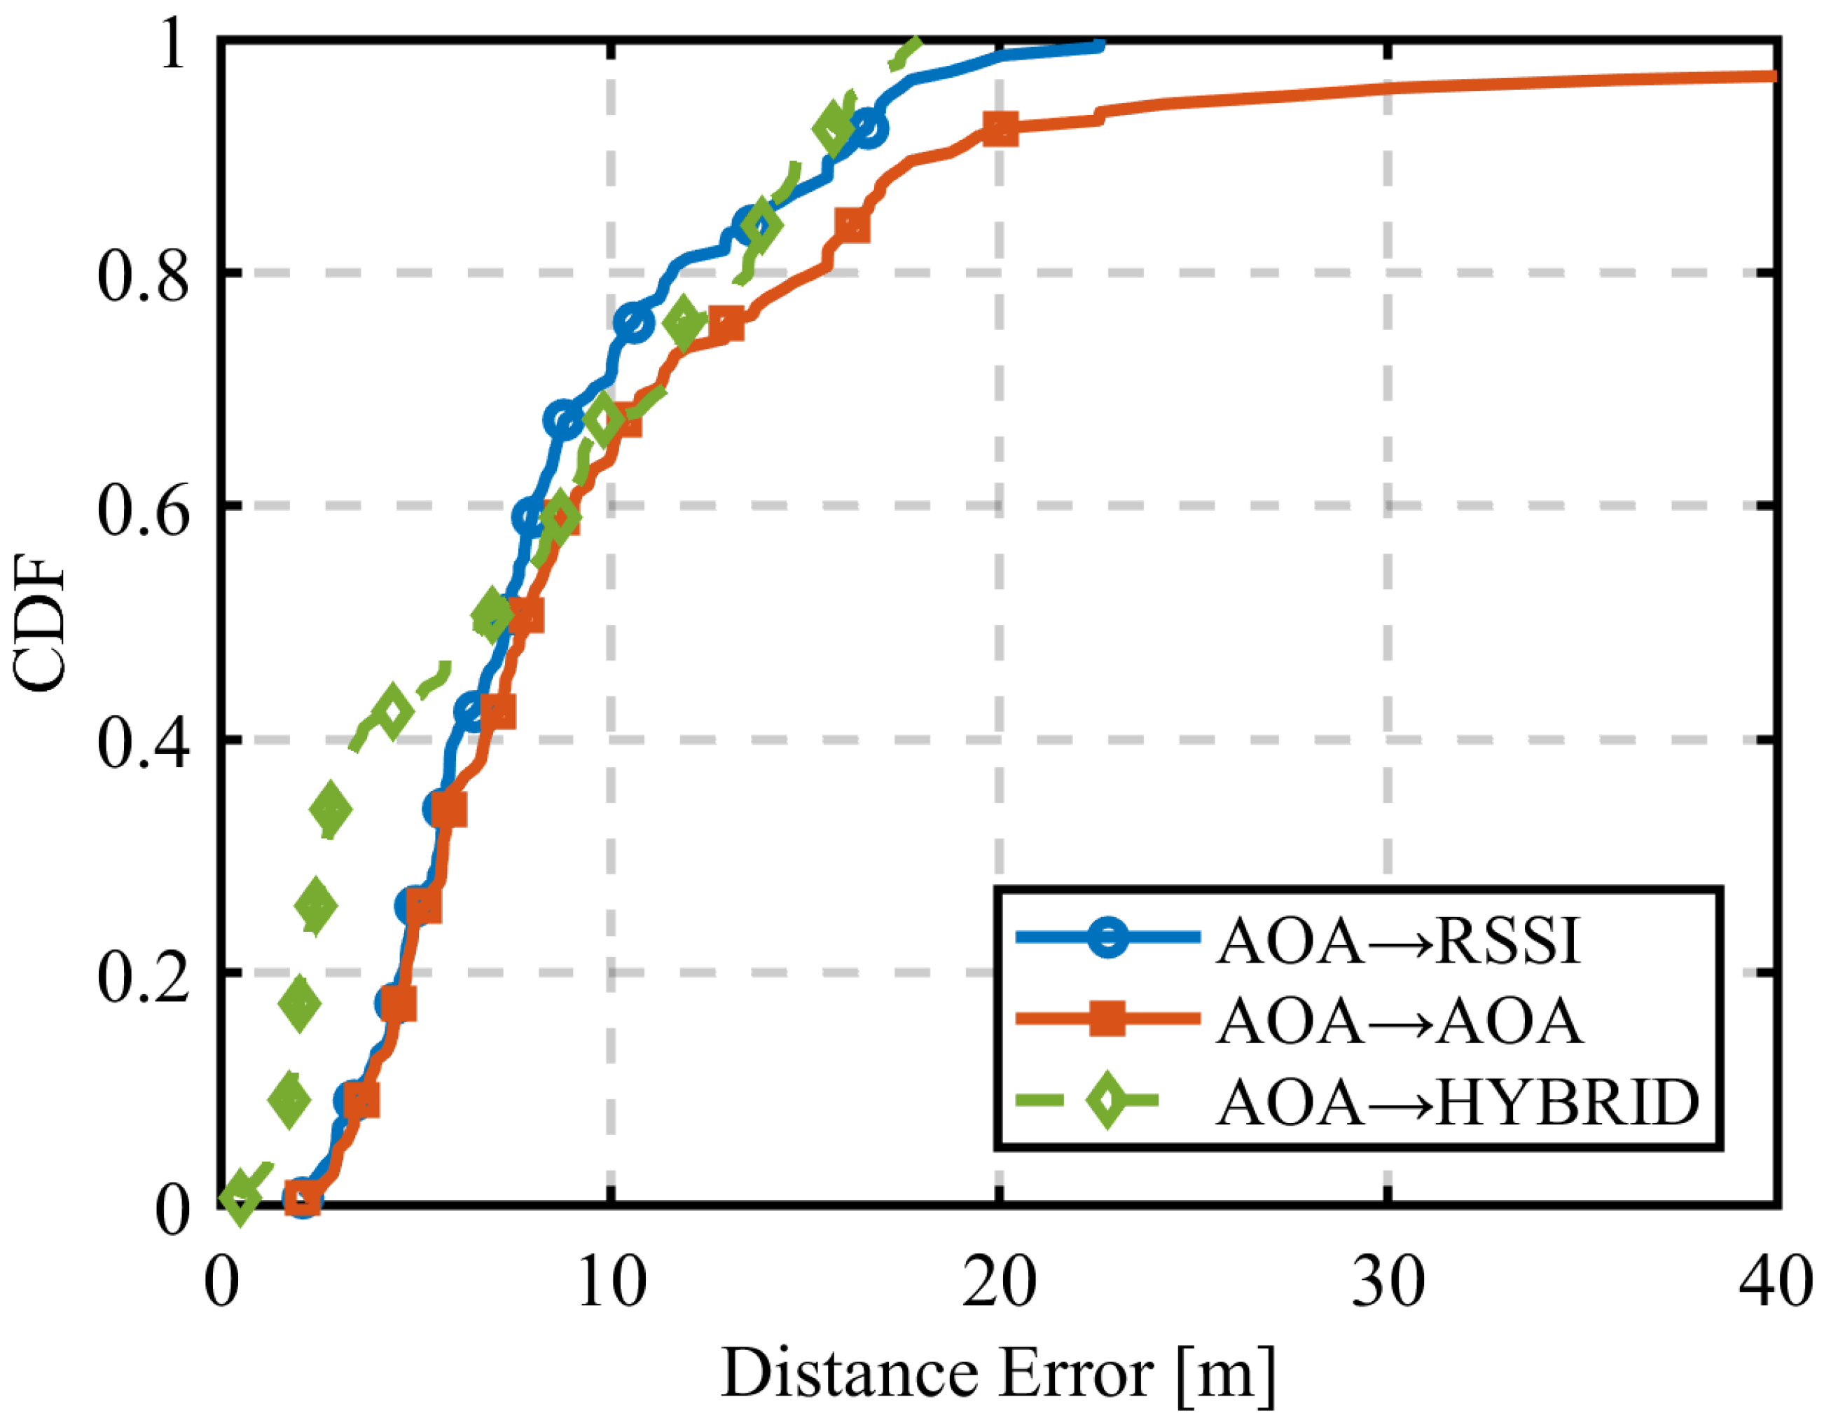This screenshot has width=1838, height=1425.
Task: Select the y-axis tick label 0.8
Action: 143,276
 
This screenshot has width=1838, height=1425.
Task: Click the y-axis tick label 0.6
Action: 143,510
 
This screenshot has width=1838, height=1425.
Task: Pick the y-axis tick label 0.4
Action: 143,743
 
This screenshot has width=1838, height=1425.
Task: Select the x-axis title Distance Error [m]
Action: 998,1374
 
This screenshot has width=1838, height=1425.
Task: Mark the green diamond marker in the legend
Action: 1108,1099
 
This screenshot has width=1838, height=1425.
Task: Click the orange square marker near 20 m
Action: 1000,129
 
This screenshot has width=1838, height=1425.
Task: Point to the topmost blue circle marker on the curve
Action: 868,129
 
